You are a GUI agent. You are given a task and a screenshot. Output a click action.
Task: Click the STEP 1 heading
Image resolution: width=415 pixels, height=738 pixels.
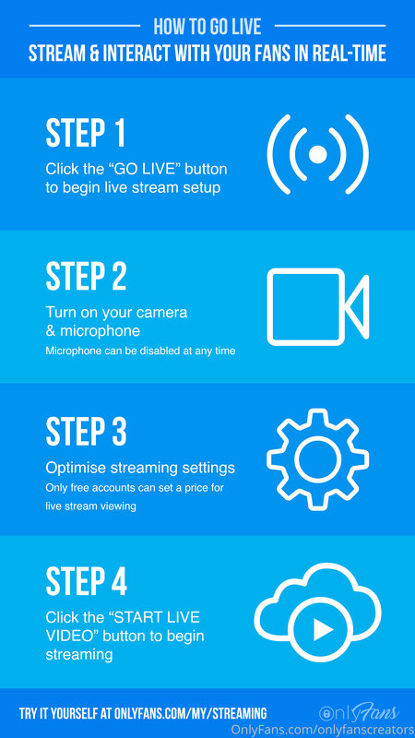click(x=86, y=133)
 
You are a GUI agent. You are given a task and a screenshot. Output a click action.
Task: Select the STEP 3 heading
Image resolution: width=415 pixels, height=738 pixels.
click(x=86, y=431)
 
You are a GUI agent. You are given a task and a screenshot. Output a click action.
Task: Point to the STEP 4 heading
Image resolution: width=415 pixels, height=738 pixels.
click(x=86, y=583)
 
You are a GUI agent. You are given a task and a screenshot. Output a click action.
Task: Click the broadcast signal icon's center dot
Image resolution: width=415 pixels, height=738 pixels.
click(x=318, y=154)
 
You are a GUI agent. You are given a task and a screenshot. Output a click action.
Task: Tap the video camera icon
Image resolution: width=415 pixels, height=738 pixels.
click(x=318, y=307)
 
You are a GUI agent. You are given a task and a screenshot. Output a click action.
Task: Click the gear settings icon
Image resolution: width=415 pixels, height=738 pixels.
click(x=318, y=458)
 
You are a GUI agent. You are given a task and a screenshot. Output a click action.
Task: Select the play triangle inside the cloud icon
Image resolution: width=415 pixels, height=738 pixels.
click(x=323, y=629)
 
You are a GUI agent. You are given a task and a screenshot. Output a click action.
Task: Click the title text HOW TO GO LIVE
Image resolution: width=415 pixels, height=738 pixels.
click(x=207, y=27)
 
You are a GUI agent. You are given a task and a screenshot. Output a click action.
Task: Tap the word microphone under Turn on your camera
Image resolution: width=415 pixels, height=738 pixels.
click(x=100, y=331)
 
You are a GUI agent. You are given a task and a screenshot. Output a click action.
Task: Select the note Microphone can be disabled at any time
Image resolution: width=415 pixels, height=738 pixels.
click(x=140, y=351)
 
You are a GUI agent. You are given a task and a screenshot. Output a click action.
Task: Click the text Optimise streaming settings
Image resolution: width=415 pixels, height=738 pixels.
click(x=140, y=469)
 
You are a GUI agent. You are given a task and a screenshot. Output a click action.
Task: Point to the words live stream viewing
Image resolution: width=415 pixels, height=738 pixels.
click(x=90, y=506)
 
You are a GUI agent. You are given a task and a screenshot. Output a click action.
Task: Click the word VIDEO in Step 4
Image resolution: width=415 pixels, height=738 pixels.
click(x=67, y=635)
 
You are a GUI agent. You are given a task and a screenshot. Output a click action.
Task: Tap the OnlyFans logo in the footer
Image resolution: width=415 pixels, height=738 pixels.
click(x=359, y=713)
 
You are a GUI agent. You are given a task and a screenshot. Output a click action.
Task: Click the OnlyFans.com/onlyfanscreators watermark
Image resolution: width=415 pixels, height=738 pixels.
click(x=322, y=729)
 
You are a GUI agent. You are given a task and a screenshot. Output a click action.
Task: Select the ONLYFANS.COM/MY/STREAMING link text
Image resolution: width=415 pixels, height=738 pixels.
click(x=191, y=713)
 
